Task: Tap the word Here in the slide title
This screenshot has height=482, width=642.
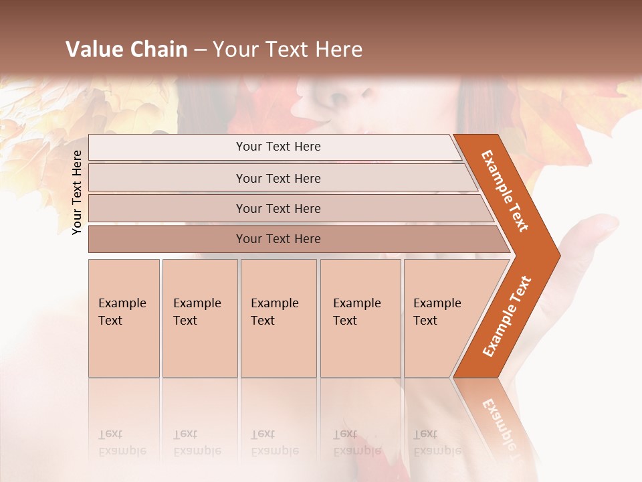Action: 338,50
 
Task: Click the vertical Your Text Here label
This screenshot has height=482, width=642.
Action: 77,192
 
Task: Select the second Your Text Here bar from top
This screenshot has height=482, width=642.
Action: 278,178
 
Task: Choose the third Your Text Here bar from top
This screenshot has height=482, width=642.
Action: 278,208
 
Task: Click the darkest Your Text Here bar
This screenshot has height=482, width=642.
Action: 278,239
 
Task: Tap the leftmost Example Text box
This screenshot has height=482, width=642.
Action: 124,318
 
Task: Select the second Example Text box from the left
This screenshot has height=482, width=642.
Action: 199,318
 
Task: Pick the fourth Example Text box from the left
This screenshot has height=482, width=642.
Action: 360,318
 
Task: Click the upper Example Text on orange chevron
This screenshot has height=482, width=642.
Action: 506,191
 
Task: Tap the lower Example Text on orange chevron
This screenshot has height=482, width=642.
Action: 508,317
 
